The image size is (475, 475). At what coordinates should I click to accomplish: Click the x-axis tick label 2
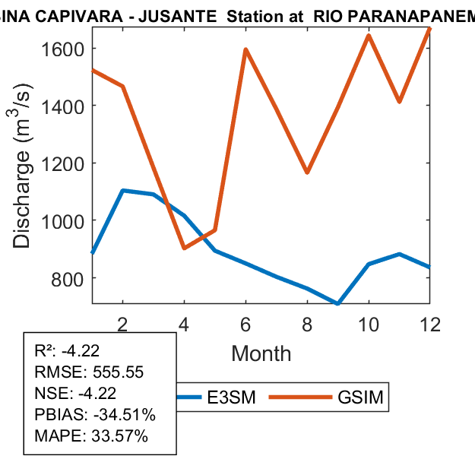click(x=122, y=324)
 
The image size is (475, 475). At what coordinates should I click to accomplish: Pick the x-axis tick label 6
click(x=245, y=324)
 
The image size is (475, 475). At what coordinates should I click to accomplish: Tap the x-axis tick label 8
click(x=307, y=324)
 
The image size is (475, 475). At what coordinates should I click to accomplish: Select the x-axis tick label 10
click(x=369, y=324)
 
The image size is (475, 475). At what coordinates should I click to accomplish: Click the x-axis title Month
click(x=261, y=353)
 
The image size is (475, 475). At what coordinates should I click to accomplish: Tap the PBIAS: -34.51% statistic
click(x=95, y=415)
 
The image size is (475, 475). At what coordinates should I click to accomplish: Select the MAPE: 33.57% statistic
click(x=91, y=436)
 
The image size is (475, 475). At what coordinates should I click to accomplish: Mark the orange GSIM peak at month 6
click(x=245, y=50)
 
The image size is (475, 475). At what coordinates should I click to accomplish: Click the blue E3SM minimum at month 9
click(x=337, y=304)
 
